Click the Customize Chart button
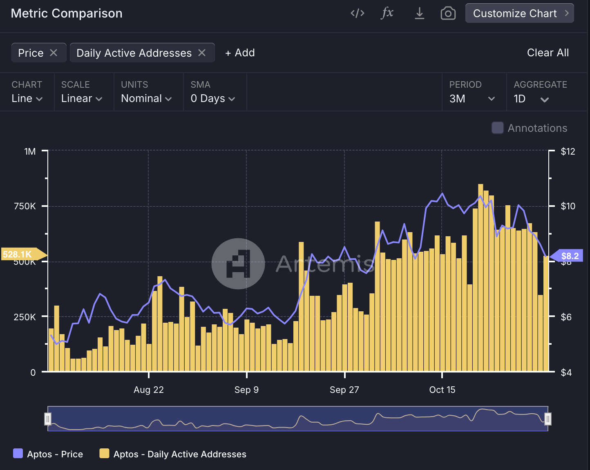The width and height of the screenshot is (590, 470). tap(519, 13)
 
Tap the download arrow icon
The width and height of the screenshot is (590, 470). tap(419, 13)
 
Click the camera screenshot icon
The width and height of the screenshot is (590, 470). tap(448, 13)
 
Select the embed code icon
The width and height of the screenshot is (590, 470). tap(358, 13)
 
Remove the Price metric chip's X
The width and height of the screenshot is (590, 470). tap(54, 53)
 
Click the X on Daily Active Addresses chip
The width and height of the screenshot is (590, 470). tap(202, 53)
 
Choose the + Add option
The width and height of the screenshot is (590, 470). tap(240, 53)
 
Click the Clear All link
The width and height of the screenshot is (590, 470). tap(548, 53)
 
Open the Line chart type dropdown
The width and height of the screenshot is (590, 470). tap(27, 98)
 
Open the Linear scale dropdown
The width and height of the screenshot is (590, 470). tap(81, 98)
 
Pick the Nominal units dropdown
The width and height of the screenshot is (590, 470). tap(146, 98)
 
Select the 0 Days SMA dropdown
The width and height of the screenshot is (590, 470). tap(212, 98)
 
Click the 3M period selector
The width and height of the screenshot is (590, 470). tap(472, 99)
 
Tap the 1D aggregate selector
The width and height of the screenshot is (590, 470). tap(531, 99)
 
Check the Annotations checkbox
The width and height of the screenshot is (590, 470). tap(497, 128)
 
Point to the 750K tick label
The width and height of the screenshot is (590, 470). tap(25, 206)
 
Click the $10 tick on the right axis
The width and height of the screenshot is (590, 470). tap(568, 206)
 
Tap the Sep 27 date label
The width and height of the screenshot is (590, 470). tap(344, 390)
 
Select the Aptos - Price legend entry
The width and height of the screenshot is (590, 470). tap(48, 454)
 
